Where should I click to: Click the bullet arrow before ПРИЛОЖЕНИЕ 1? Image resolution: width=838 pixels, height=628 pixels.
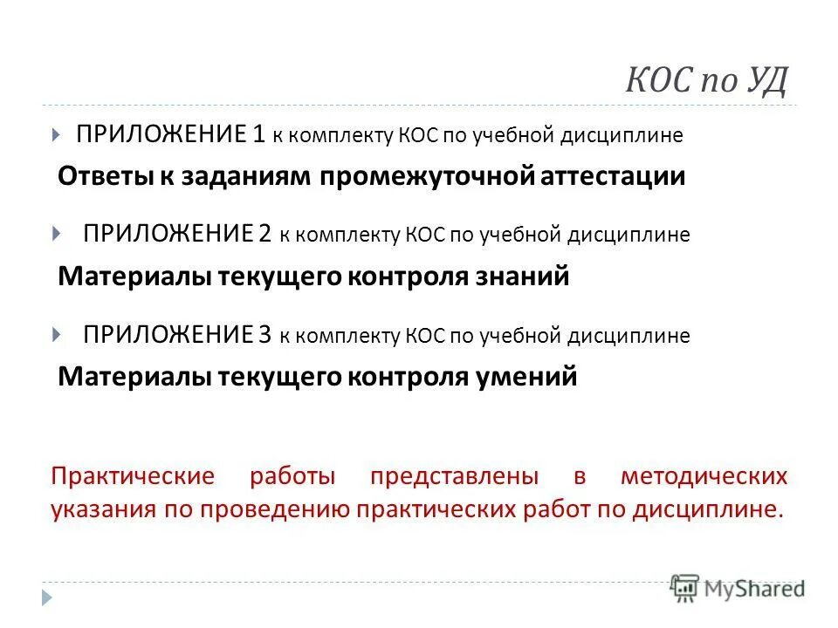(57, 135)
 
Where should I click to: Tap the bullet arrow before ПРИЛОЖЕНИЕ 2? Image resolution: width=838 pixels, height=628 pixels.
(57, 234)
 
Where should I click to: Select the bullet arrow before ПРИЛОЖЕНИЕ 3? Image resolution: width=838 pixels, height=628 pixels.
(57, 334)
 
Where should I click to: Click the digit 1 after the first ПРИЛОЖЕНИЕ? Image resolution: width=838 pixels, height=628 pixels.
(258, 134)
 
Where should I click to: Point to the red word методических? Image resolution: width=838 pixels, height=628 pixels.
(704, 477)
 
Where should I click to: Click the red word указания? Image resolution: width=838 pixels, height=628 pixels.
(103, 509)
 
